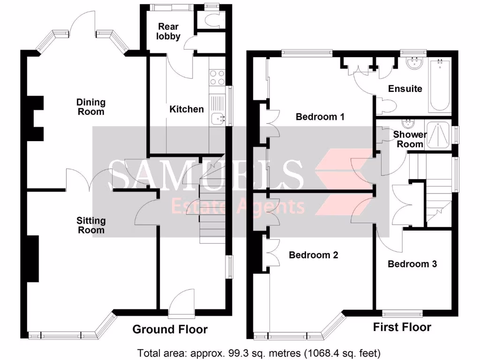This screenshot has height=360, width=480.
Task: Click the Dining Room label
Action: coord(91,107)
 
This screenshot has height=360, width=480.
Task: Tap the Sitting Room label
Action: coord(91,225)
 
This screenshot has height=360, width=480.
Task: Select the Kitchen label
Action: coord(187,109)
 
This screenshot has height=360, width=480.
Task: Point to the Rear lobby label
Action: coord(168,31)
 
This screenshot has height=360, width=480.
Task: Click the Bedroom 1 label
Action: coord(320,116)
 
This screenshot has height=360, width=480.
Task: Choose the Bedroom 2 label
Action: coord(313,255)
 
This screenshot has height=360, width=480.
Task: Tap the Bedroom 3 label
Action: coord(412,264)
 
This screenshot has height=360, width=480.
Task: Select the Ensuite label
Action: coord(405,89)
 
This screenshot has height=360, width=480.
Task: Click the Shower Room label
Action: coord(410,139)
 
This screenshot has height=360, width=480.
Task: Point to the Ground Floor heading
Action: coord(170,330)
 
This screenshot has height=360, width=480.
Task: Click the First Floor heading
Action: coord(402,327)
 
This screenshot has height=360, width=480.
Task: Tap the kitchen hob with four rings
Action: coord(217,77)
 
